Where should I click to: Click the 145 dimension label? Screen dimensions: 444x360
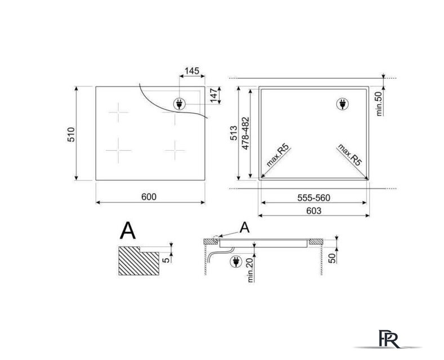pyautogui.click(x=192, y=71)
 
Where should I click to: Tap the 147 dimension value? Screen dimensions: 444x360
pyautogui.click(x=214, y=96)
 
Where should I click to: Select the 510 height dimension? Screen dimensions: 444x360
pyautogui.click(x=71, y=134)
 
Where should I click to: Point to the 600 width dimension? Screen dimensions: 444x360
pyautogui.click(x=149, y=197)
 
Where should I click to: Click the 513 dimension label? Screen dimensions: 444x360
pyautogui.click(x=234, y=133)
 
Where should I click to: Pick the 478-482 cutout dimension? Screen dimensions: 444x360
pyautogui.click(x=245, y=133)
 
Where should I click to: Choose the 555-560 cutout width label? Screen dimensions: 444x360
pyautogui.click(x=314, y=197)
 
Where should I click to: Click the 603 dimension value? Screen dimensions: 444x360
pyautogui.click(x=314, y=211)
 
